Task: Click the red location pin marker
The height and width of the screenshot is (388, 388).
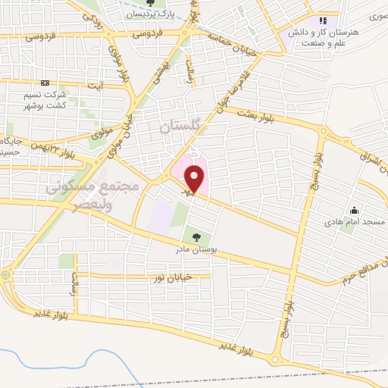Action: click(195, 180)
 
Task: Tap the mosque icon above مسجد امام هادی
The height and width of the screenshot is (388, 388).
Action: click(353, 209)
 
